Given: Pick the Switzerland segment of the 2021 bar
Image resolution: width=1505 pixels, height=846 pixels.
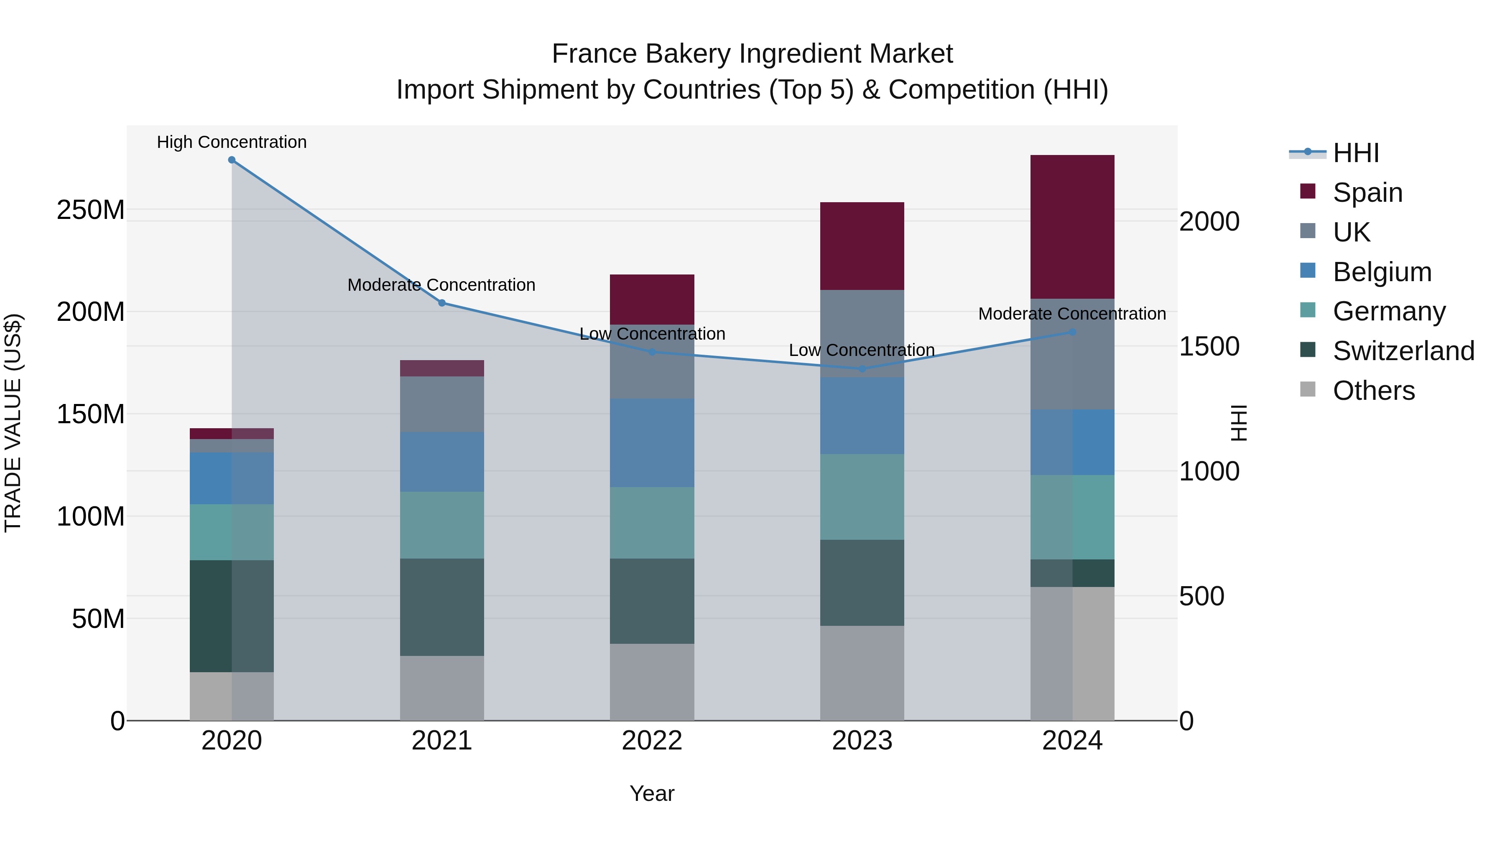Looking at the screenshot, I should tap(442, 607).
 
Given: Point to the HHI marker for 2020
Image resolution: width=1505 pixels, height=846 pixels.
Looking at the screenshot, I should tap(232, 160).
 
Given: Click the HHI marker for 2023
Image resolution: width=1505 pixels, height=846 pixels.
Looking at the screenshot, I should tap(862, 369).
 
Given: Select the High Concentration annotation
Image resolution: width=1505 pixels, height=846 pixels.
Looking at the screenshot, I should tap(232, 142).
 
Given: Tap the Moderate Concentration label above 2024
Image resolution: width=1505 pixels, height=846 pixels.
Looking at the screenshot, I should tap(1072, 314).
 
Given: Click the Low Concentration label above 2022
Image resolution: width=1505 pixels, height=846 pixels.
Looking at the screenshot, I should tap(652, 334).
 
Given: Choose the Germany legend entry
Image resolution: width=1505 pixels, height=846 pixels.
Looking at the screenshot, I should tap(1389, 311).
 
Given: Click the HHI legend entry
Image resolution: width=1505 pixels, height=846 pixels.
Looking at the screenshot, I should tap(1355, 153).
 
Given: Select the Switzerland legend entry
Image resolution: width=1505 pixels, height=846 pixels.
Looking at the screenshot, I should tap(1403, 351).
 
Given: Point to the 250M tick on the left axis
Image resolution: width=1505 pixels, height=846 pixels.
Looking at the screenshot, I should tap(91, 210).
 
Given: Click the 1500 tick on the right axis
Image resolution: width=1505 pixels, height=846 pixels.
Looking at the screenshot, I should tap(1209, 347).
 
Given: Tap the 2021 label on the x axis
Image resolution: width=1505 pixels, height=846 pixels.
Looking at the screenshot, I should tap(442, 741).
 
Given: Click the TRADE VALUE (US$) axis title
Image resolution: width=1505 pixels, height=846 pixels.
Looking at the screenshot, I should tap(13, 423).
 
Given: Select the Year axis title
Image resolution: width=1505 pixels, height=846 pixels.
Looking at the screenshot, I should tap(652, 793).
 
